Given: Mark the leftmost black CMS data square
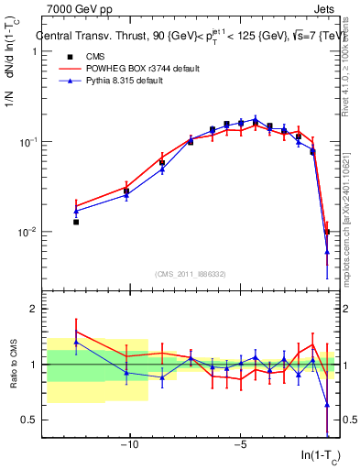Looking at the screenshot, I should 76,222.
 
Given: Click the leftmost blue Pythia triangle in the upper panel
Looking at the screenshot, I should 76,212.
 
